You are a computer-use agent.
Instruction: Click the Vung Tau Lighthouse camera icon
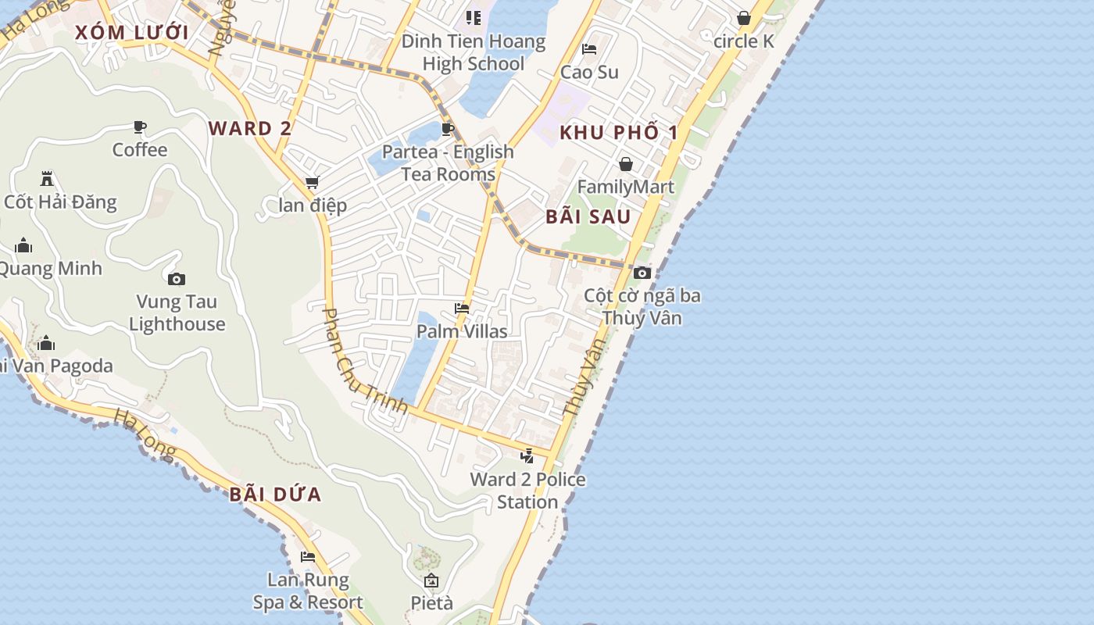click(177, 279)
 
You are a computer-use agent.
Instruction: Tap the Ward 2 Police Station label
click(527, 491)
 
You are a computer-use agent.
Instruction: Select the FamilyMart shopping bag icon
click(625, 164)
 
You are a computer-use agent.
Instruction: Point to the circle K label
click(743, 41)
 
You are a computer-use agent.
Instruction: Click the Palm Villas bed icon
click(462, 309)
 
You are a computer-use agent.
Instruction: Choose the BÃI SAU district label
click(588, 216)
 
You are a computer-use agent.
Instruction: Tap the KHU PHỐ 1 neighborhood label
click(618, 132)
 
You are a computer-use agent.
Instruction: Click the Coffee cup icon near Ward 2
click(140, 127)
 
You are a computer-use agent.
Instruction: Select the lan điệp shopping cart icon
click(312, 183)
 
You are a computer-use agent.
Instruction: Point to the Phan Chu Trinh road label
click(364, 360)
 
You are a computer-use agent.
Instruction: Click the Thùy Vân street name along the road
click(585, 376)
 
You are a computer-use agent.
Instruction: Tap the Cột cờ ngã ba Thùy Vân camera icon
click(642, 273)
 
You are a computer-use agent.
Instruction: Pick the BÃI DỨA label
click(276, 494)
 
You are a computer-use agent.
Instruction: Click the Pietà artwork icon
click(431, 580)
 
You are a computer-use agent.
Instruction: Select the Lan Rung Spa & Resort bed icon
click(308, 557)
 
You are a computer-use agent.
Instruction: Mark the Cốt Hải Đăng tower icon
click(47, 178)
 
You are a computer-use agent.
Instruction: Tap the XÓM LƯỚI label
click(132, 33)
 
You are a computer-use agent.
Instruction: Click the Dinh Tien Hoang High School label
click(473, 52)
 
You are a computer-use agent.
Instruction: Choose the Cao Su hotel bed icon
click(589, 49)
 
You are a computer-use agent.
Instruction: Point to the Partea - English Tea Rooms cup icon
click(448, 129)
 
